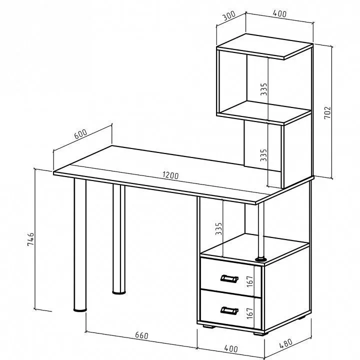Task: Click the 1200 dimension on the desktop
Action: (170, 175)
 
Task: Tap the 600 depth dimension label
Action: (80, 134)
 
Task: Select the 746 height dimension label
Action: (30, 239)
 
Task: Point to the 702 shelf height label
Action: (327, 112)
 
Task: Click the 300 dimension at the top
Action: (229, 15)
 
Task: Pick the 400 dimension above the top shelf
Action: (279, 14)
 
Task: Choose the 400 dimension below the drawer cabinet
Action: (231, 348)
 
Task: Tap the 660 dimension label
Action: (141, 335)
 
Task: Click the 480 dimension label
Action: (286, 343)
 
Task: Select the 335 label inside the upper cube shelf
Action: (264, 89)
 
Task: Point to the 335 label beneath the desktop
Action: (218, 228)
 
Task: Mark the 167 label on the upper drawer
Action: (250, 281)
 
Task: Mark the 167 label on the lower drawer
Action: (250, 313)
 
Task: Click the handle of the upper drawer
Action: (229, 278)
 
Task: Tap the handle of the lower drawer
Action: (229, 310)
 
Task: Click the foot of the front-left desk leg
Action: (80, 310)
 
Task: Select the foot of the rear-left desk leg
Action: (119, 292)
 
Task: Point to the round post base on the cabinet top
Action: (261, 259)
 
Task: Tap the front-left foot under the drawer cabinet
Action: (209, 326)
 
